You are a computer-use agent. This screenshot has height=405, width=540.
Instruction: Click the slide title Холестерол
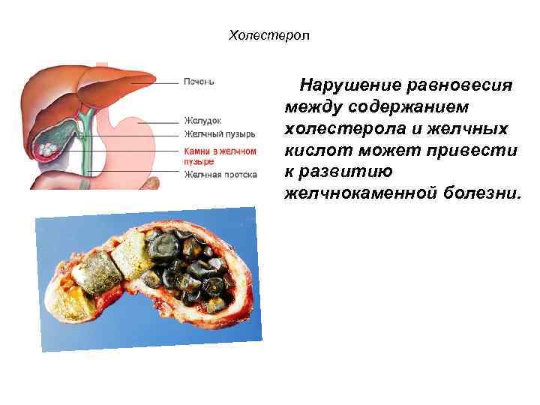tap(268, 35)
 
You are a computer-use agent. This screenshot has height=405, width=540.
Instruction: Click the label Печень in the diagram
tap(199, 81)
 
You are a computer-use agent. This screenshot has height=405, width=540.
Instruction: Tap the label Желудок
tap(202, 120)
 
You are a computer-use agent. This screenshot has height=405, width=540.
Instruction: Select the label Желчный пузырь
tap(219, 134)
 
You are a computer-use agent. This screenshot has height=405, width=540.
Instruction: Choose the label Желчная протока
tap(220, 174)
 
